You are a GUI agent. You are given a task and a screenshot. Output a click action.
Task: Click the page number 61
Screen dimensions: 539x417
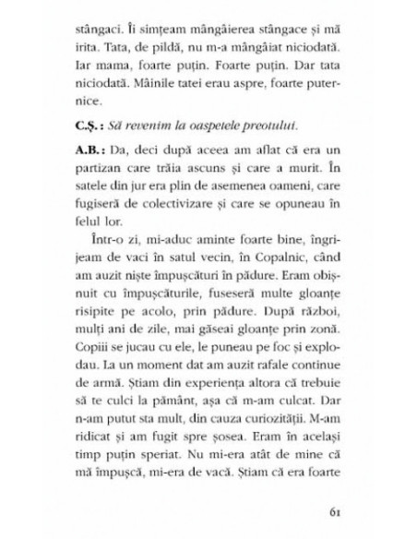coord(335,513)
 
